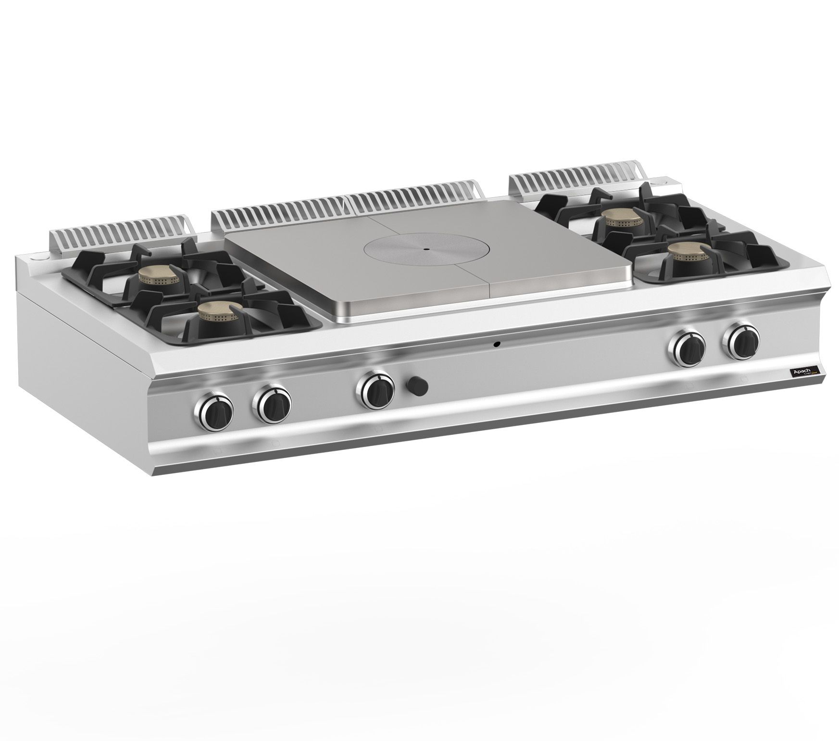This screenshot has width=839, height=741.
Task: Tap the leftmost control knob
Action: (x=214, y=411)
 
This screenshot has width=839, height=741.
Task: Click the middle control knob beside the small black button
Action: (x=375, y=390)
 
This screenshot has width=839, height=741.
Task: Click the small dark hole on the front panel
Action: (x=498, y=344)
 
